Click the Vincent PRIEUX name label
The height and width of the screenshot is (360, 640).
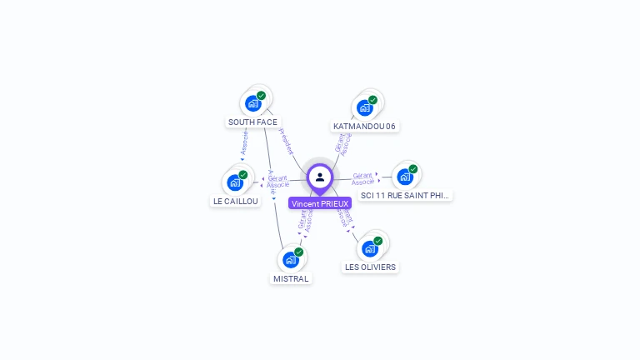pos(320,203)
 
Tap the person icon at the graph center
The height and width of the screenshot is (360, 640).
pos(320,177)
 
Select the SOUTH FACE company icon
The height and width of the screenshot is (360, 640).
pos(252,104)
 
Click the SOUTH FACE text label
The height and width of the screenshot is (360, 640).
pos(252,122)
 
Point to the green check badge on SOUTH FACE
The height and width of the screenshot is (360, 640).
pos(261,96)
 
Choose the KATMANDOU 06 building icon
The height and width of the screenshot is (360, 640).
pos(364,107)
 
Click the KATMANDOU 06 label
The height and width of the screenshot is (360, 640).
pos(364,127)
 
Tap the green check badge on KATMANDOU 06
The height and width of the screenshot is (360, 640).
pos(372,100)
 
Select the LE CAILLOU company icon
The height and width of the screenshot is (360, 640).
pos(235,182)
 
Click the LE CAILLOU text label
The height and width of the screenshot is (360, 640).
pos(235,201)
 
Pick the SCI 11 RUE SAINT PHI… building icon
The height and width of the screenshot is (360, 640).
pos(404,177)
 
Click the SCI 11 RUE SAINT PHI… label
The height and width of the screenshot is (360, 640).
pos(406,195)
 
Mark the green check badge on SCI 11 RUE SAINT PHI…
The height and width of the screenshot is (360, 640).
pos(412,169)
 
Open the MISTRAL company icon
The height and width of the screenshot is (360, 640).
pos(291,259)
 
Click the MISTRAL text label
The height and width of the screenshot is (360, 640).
pos(291,278)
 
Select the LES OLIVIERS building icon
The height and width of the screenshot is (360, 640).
pos(369,248)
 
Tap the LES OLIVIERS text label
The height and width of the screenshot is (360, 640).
pos(370,267)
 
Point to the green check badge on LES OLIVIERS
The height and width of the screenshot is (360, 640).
pos(377,241)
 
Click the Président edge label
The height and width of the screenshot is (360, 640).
pos(285,141)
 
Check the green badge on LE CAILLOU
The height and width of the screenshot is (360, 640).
pos(243,175)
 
